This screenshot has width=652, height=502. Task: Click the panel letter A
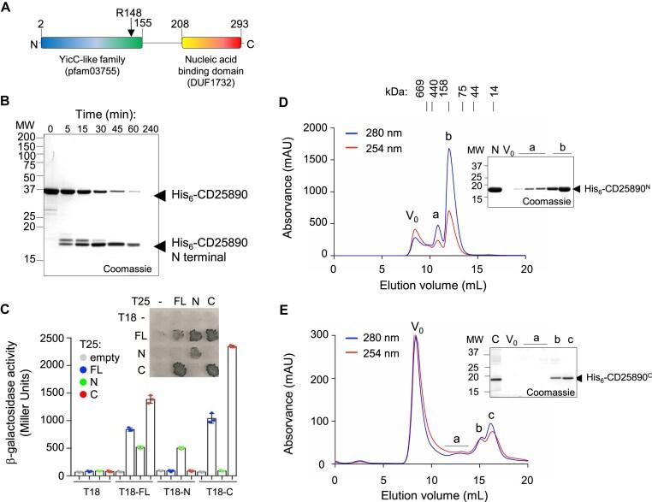pyautogui.click(x=7, y=8)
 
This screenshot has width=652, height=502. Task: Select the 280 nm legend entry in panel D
pyautogui.click(x=374, y=134)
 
